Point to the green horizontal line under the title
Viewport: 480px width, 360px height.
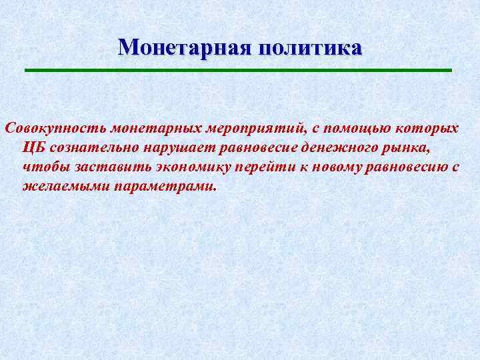[239, 70]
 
